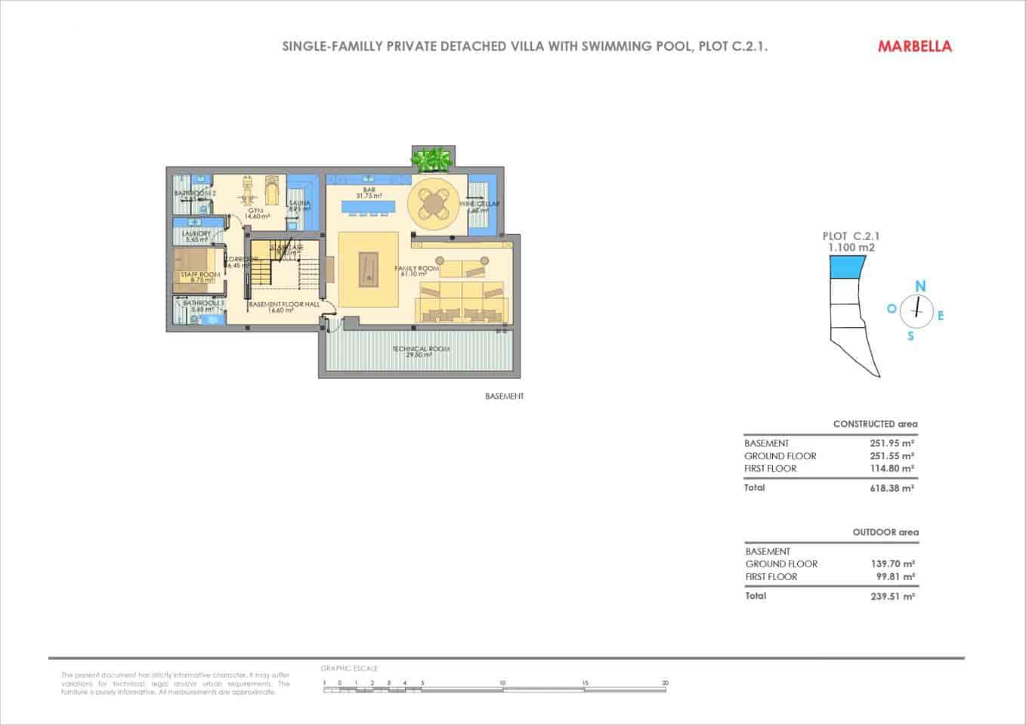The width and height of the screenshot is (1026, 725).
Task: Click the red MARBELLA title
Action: (x=914, y=46)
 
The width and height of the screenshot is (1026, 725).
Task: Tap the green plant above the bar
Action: (x=432, y=159)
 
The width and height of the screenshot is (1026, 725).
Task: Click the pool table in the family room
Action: (x=368, y=267)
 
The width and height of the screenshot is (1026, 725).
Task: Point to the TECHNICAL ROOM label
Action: (x=420, y=350)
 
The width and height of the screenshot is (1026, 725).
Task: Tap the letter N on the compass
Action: (x=920, y=286)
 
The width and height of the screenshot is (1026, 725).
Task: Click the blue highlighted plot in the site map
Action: (x=847, y=267)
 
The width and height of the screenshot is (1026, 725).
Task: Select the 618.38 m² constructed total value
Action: (x=892, y=489)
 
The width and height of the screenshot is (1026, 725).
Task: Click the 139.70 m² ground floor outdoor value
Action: (x=893, y=564)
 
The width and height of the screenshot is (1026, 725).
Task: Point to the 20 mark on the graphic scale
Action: (x=665, y=683)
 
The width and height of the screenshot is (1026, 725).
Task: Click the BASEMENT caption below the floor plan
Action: (x=504, y=396)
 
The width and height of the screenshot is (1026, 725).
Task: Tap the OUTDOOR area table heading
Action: (x=885, y=532)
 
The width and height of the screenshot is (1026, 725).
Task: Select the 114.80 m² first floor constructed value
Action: (x=892, y=469)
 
